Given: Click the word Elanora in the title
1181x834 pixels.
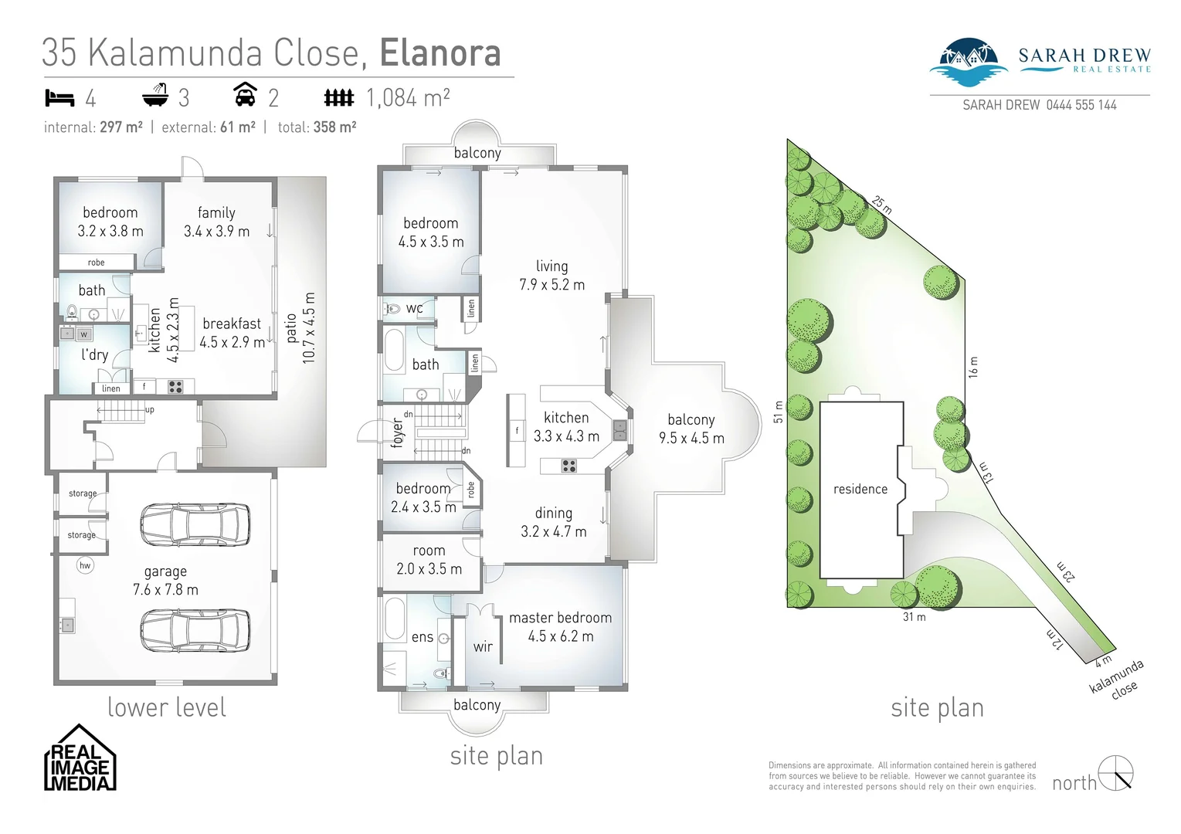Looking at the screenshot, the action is tap(440, 53).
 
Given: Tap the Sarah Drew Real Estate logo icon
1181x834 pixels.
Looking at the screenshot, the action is tap(968, 62).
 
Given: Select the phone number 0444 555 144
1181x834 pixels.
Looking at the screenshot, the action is tap(1081, 105).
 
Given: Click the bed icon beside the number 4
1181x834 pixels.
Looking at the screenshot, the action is tap(59, 98).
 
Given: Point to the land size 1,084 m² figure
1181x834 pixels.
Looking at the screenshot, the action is tap(408, 98).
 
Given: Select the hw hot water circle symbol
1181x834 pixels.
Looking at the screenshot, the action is tap(85, 565).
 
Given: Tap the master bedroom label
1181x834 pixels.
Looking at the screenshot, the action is tap(560, 618).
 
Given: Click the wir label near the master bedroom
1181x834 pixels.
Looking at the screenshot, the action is tap(483, 646).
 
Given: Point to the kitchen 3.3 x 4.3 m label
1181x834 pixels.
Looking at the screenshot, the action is tap(566, 427).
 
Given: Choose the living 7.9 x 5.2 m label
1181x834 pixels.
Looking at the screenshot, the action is tap(551, 275).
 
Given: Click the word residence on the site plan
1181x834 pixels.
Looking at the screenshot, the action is tap(860, 489).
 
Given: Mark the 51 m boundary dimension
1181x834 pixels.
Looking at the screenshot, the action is tap(779, 412).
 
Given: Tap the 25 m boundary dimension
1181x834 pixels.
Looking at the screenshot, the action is tap(881, 205).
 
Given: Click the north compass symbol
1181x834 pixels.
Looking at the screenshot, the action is tap(1116, 774).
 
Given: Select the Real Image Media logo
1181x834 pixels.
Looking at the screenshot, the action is tap(80, 758).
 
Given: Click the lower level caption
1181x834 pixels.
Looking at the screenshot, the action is tap(167, 707).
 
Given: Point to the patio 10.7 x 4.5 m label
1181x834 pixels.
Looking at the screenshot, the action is tap(300, 327).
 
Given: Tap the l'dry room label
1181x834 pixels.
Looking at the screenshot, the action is tap(94, 354).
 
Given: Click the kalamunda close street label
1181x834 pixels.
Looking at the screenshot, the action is tap(1117, 678).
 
